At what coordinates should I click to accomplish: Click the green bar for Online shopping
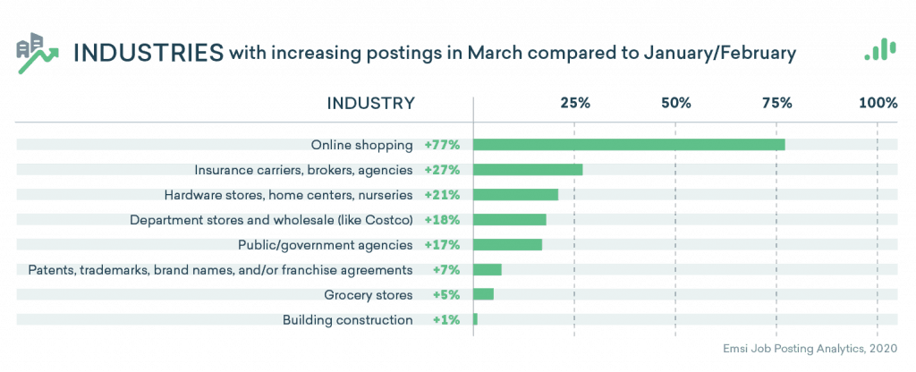coord(629,145)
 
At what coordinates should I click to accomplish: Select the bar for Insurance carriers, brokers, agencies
coord(528,170)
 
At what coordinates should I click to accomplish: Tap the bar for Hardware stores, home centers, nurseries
coord(515,195)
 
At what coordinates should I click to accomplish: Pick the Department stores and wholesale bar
coord(510,220)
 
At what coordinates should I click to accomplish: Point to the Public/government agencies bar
coord(507,245)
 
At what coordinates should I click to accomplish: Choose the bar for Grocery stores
coord(483,295)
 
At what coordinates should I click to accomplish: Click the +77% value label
coord(442,145)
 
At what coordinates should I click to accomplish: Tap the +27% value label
coord(442,170)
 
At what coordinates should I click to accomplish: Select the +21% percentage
coord(442,195)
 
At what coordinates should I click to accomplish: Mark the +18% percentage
coord(442,220)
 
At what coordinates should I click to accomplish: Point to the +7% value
coord(445,270)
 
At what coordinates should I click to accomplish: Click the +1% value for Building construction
coord(445,320)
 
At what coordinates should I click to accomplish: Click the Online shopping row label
coord(361,145)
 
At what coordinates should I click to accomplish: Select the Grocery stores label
coord(369,295)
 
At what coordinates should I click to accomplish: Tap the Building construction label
coord(347,320)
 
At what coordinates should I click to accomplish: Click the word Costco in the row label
coord(387,220)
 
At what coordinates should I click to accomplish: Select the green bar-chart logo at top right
coord(880,50)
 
